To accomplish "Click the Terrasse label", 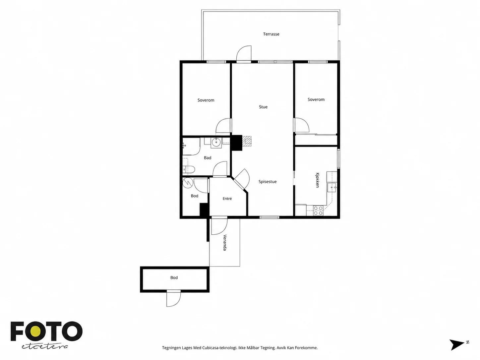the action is click(x=271, y=34).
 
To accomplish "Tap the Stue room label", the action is click(x=263, y=107).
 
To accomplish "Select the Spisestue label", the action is click(x=268, y=182).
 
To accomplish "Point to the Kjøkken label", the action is click(x=318, y=180).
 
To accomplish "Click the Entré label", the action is click(x=227, y=199).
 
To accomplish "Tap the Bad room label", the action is click(x=208, y=158).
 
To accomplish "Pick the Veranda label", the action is click(x=225, y=243).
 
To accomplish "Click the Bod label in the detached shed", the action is click(x=174, y=277).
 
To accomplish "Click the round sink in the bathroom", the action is click(x=216, y=143).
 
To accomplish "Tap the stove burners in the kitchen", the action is click(x=318, y=210).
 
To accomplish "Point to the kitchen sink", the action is click(x=332, y=188).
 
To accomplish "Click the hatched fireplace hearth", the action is click(x=246, y=141).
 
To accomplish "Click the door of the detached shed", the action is click(x=174, y=299).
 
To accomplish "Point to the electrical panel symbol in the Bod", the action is click(x=188, y=183).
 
